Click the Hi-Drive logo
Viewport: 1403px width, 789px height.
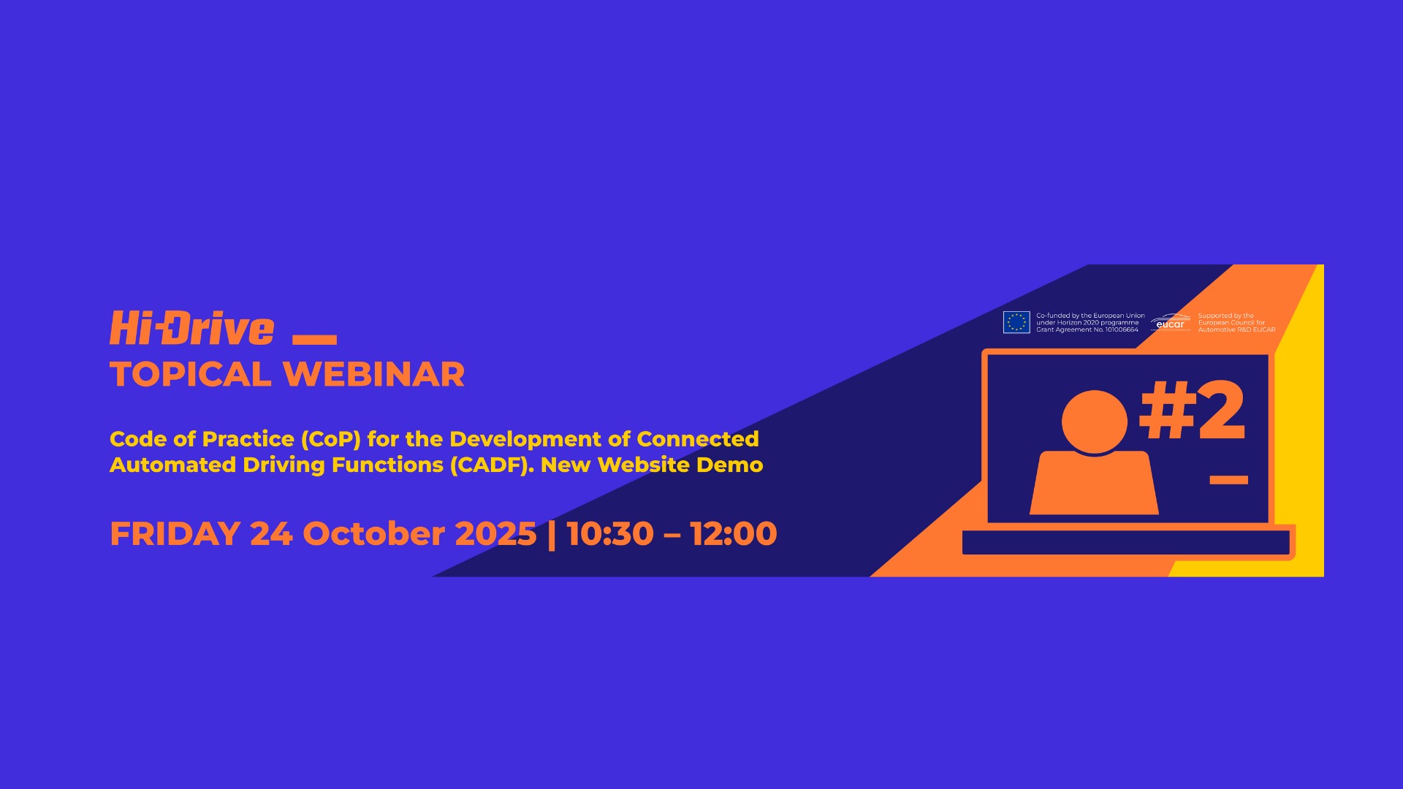[x=191, y=328]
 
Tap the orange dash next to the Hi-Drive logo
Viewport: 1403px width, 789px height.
[x=314, y=339]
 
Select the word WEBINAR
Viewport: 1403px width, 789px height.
[x=373, y=375]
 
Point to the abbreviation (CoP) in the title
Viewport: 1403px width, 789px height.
[x=330, y=439]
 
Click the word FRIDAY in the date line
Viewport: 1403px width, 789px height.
[x=175, y=534]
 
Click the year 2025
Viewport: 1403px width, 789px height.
[x=495, y=534]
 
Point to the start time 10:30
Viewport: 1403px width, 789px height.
[x=610, y=534]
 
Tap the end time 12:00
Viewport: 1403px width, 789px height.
[x=733, y=534]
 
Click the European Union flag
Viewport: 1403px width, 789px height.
[x=1016, y=322]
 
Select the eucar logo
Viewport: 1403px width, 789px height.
[x=1171, y=322]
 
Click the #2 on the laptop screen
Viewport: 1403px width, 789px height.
[x=1193, y=411]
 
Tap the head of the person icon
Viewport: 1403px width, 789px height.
[x=1094, y=422]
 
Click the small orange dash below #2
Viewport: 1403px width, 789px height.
[x=1228, y=480]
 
